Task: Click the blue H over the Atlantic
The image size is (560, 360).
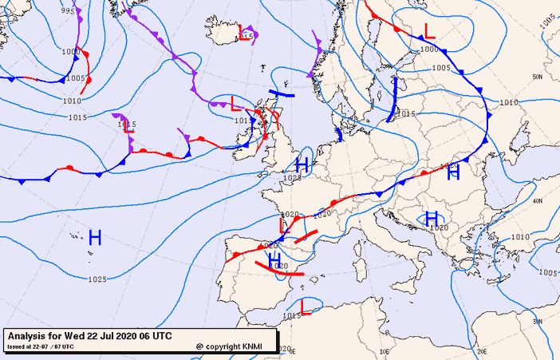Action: click(x=95, y=237)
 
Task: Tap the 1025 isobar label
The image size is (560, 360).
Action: click(x=98, y=279)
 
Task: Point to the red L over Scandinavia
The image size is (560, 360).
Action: click(x=429, y=31)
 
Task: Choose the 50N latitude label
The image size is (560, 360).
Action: click(x=538, y=77)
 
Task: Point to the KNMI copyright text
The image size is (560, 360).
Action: click(x=232, y=346)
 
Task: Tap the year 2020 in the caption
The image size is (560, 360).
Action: click(x=128, y=335)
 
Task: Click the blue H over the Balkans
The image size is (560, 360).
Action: click(x=432, y=218)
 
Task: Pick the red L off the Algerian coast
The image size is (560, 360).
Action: click(x=304, y=306)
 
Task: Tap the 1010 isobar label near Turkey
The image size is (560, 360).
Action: click(x=519, y=237)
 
